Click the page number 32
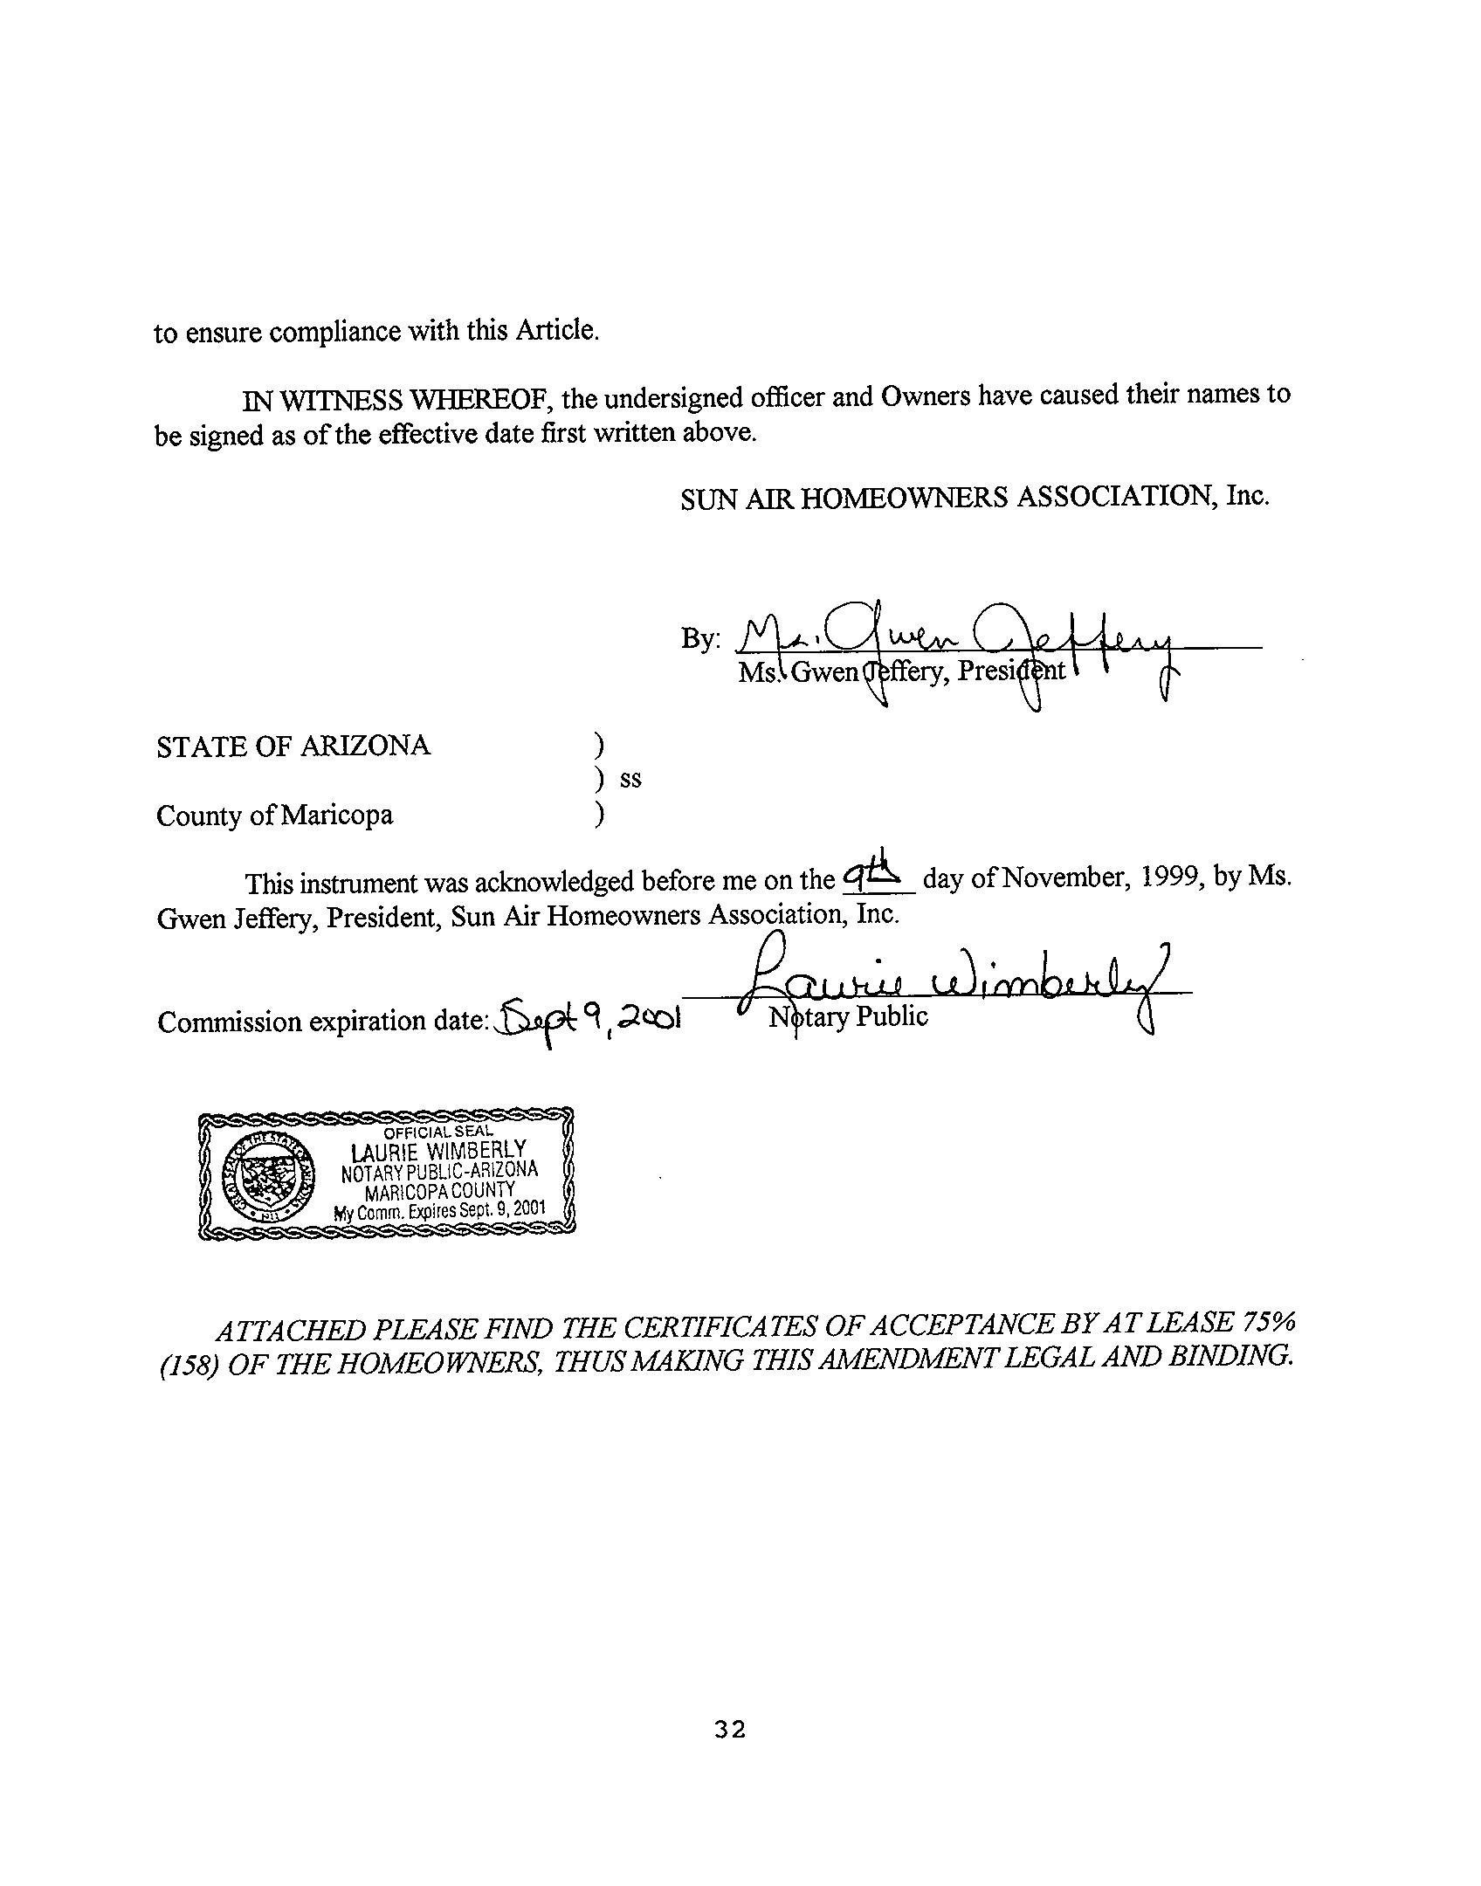coord(729,1729)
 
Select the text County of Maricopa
coord(274,816)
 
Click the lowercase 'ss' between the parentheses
coord(630,780)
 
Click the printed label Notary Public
coord(847,1016)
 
